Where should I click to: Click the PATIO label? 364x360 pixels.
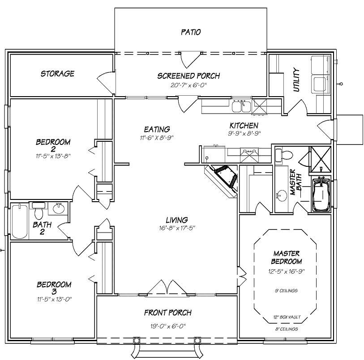191,32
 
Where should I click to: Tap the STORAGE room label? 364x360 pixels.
57,73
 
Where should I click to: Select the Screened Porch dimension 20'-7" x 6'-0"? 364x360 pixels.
188,85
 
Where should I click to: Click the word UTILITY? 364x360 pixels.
296,80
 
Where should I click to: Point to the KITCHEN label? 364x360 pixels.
244,126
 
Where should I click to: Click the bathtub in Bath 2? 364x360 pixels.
19,221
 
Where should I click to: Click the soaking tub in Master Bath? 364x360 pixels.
321,196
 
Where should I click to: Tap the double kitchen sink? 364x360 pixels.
241,107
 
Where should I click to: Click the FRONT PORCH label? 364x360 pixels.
167,313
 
